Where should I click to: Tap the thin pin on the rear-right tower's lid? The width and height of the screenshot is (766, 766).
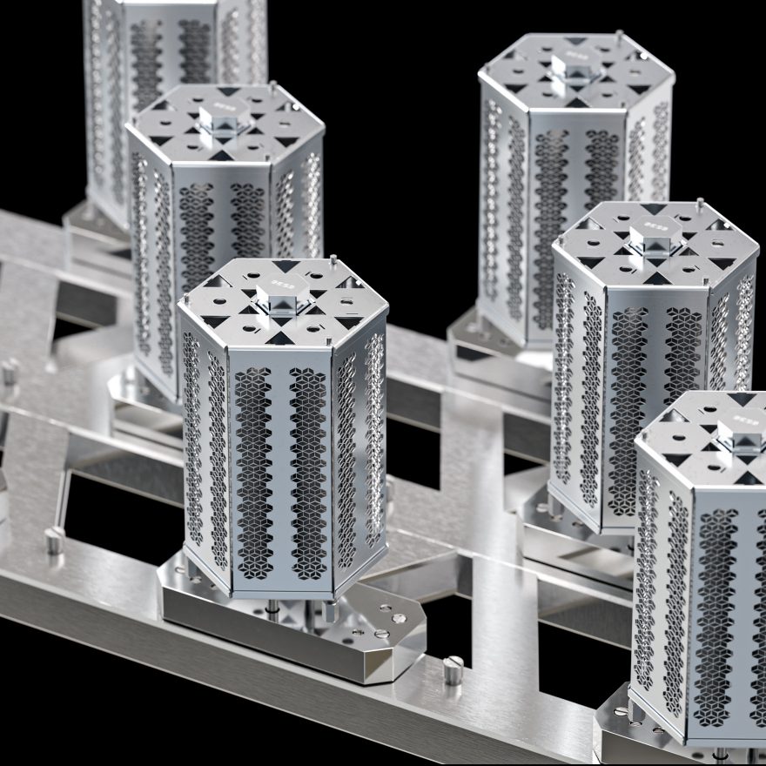coord(619,37)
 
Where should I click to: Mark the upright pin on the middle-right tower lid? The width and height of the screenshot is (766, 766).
coord(699,205)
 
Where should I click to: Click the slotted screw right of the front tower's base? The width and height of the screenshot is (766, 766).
coord(453,669)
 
